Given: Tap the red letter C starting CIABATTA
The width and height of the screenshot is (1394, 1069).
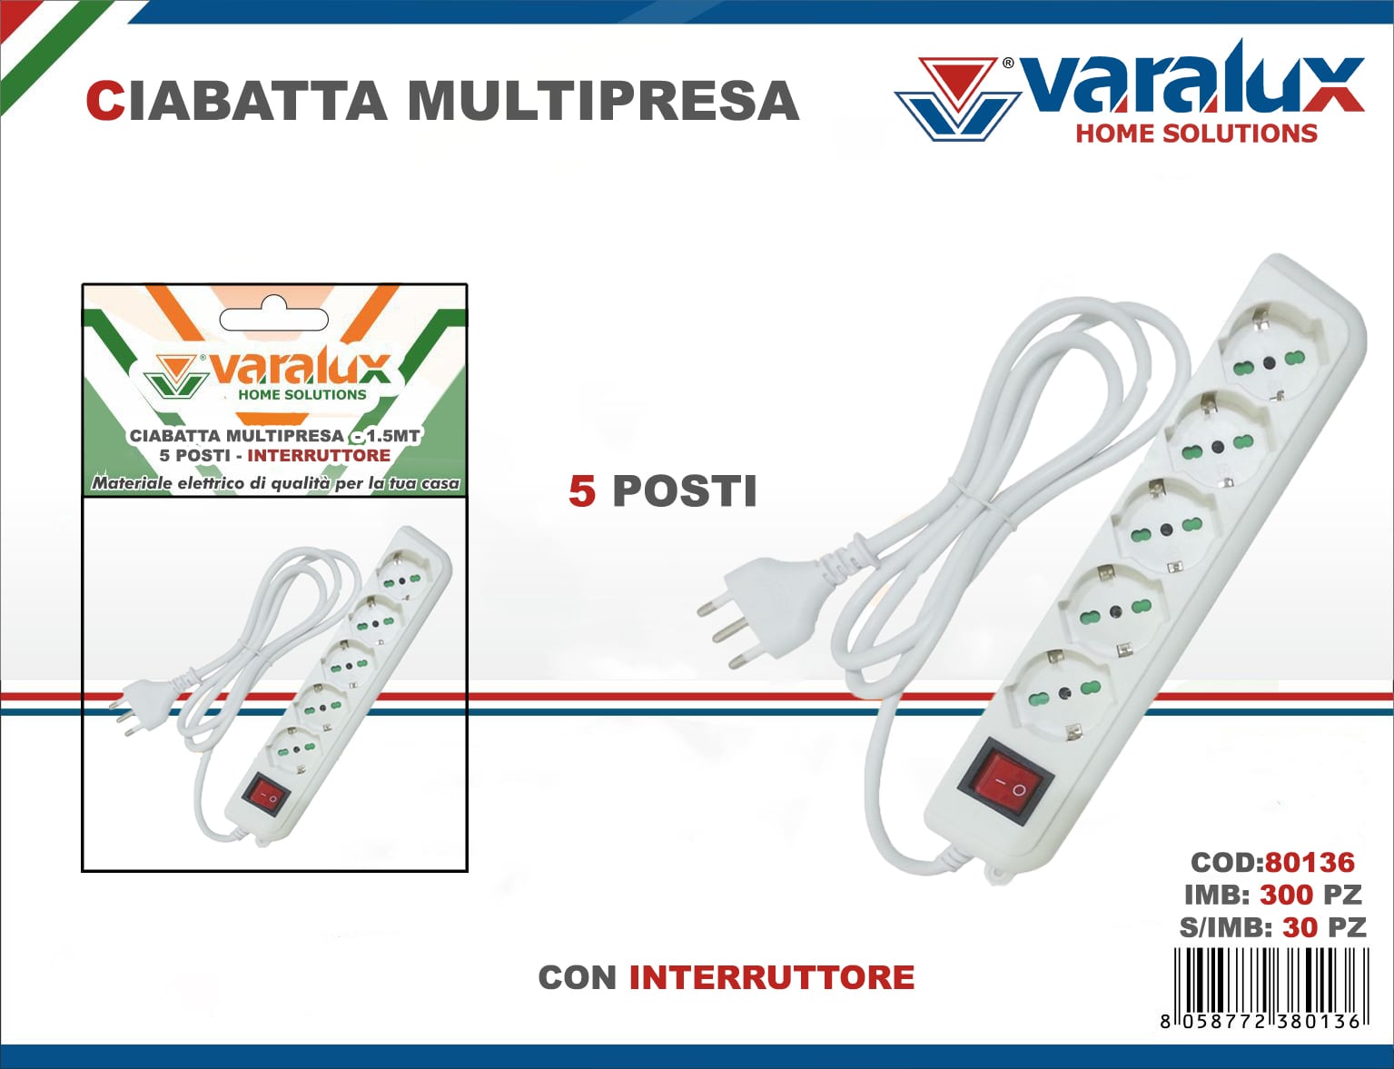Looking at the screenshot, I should [x=104, y=101].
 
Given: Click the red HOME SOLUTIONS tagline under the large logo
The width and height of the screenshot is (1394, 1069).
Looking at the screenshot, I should [x=1196, y=134].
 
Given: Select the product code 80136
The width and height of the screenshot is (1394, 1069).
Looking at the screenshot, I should [x=1310, y=862].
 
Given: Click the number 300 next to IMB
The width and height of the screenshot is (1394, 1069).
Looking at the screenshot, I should [x=1286, y=895].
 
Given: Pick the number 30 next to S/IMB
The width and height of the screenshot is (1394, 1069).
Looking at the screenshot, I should [x=1300, y=927].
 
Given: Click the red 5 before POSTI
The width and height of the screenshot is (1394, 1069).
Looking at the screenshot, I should [x=582, y=491].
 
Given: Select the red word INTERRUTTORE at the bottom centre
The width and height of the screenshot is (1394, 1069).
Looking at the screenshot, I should [x=771, y=977].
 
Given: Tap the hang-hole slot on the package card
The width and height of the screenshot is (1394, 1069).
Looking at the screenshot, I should [x=273, y=318].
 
